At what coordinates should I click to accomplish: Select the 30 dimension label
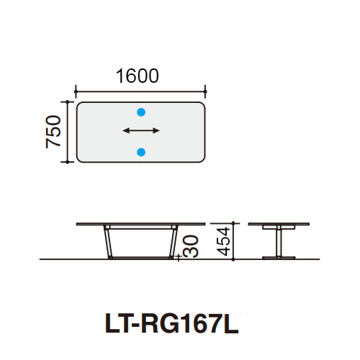click(x=190, y=246)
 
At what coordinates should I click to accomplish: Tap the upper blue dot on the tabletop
click(x=141, y=112)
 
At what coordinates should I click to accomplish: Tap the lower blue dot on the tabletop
click(x=141, y=151)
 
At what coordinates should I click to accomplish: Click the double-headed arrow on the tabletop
click(x=141, y=131)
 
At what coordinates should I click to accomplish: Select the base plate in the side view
click(x=276, y=256)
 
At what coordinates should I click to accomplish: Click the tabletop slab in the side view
click(x=276, y=225)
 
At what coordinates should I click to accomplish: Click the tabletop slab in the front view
click(x=140, y=225)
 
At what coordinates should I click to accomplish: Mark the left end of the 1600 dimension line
click(x=76, y=91)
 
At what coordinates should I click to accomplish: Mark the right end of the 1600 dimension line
click(x=206, y=91)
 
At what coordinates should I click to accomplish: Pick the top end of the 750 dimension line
click(x=68, y=102)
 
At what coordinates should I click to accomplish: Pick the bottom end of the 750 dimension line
click(x=68, y=162)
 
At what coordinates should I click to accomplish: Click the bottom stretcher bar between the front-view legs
click(x=140, y=256)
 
